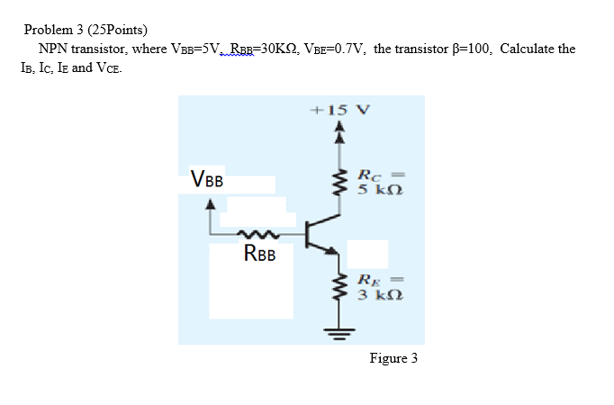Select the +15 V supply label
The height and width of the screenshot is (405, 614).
(x=339, y=110)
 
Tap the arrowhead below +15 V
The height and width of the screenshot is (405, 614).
(x=339, y=129)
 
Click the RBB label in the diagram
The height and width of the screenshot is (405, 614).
(x=260, y=254)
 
